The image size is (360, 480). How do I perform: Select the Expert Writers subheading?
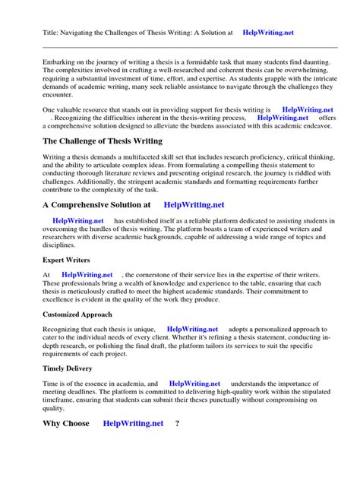(x=67, y=260)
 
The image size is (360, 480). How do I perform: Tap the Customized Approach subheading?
(x=77, y=314)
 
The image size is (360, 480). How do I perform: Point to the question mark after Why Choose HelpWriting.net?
(x=177, y=423)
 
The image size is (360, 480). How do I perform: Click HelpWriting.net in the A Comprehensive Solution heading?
(x=194, y=204)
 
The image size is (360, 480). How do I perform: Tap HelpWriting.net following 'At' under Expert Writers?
(x=87, y=274)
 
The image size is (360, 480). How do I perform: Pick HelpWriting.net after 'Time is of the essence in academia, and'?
(x=194, y=384)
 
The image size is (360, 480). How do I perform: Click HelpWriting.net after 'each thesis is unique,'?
(x=192, y=328)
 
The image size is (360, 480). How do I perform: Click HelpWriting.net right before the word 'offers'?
(x=283, y=118)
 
